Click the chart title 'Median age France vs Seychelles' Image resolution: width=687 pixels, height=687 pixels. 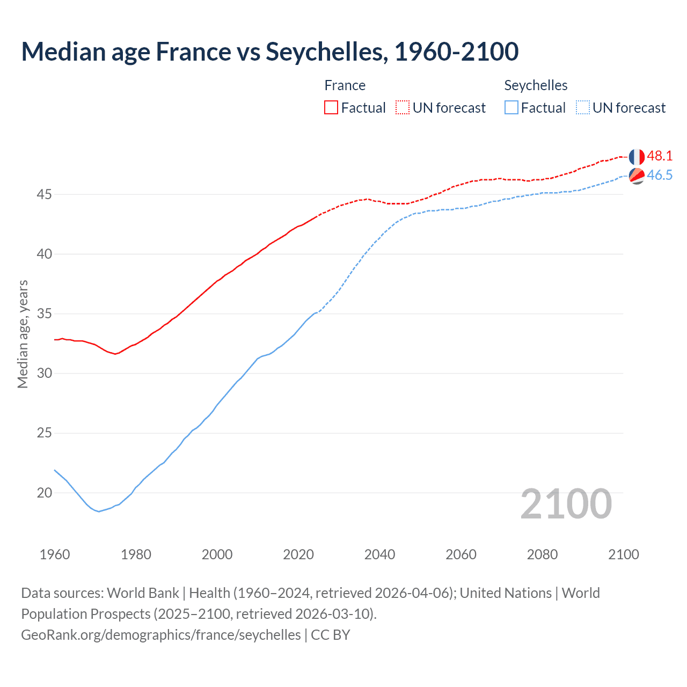[x=269, y=52]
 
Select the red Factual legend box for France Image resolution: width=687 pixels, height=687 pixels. [x=331, y=107]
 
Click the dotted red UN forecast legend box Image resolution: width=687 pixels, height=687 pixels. [x=403, y=107]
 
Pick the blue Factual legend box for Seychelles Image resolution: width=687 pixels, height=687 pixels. [x=511, y=107]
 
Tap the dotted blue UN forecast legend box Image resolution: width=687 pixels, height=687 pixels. [x=583, y=107]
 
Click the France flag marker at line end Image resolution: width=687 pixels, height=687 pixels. [x=637, y=157]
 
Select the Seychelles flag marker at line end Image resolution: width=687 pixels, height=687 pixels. [x=637, y=176]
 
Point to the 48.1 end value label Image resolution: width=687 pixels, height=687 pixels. [x=660, y=156]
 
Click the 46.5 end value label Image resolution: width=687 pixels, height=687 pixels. [x=660, y=176]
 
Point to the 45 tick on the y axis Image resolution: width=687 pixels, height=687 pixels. [x=44, y=194]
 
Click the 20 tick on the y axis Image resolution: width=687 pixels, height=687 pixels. [x=44, y=493]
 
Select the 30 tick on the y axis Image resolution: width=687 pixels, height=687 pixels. [x=44, y=373]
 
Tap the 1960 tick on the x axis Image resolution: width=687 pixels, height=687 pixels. [x=55, y=554]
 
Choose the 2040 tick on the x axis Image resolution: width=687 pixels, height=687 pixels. [x=379, y=554]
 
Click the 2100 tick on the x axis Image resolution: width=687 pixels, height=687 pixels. [x=623, y=554]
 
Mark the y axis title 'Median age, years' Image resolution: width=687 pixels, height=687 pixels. [x=23, y=334]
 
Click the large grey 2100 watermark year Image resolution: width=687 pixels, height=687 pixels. [x=566, y=504]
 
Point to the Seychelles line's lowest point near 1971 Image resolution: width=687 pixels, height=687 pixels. [x=99, y=511]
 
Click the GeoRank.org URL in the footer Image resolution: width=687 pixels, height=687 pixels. [x=161, y=635]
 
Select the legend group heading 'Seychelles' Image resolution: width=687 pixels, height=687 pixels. [x=536, y=85]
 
